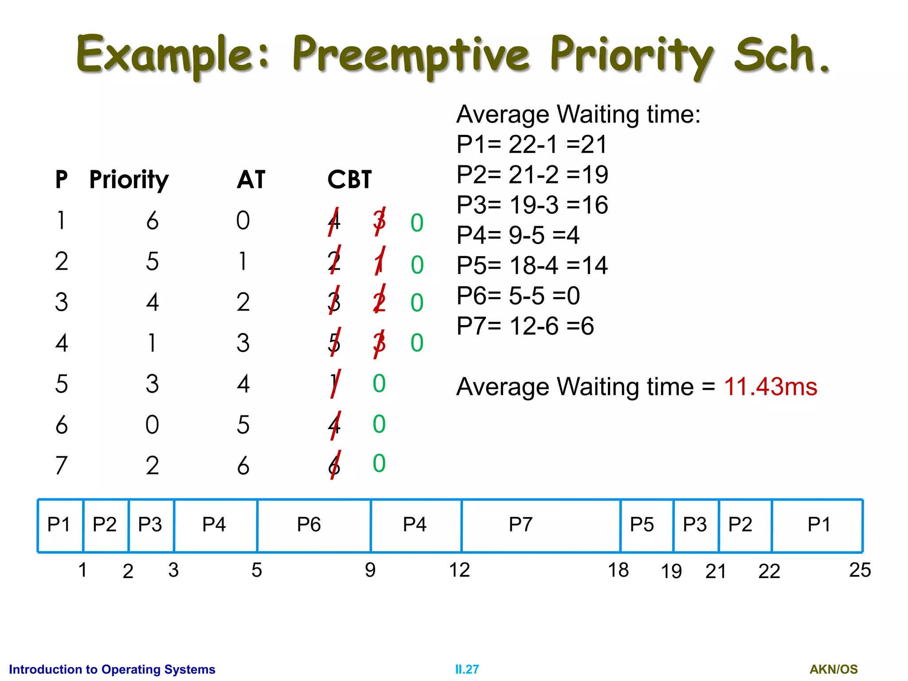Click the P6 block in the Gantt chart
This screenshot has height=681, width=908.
click(x=309, y=525)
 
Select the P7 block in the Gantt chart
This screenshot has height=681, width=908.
click(x=521, y=525)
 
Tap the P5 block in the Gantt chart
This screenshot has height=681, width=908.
click(x=642, y=525)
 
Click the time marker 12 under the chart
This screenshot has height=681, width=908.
click(x=459, y=570)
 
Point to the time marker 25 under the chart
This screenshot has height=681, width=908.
click(x=860, y=570)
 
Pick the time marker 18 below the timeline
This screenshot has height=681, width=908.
click(x=618, y=570)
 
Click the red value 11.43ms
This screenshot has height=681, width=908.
click(x=770, y=387)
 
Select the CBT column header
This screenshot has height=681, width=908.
click(x=349, y=180)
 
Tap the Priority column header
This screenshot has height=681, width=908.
click(x=129, y=180)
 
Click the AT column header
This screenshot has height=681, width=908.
click(x=251, y=180)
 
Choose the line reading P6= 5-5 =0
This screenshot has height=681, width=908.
click(x=518, y=296)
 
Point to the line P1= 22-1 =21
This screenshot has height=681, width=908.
click(x=531, y=145)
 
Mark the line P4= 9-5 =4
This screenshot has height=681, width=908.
click(x=518, y=235)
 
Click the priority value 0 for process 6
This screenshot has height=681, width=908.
click(x=152, y=425)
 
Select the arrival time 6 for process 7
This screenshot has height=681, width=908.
click(x=243, y=466)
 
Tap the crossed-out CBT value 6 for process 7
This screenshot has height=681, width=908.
click(x=335, y=466)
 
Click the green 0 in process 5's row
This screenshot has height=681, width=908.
click(x=379, y=384)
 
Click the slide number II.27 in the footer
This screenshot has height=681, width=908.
click(x=467, y=669)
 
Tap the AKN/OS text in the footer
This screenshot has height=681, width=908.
click(x=834, y=669)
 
